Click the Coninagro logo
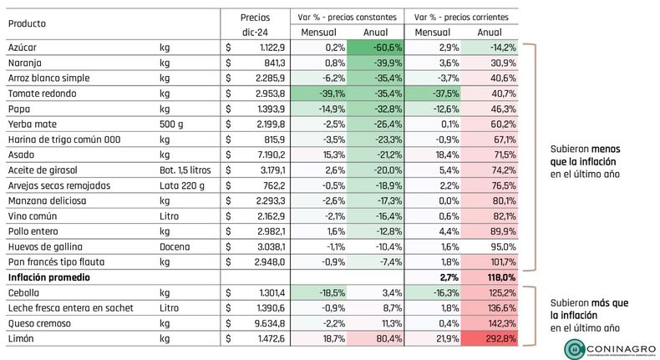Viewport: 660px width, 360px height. point(611,349)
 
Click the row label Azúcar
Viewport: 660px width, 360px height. point(23,48)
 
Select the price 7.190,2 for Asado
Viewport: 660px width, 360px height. point(270,155)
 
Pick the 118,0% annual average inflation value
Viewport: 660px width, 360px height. point(502,277)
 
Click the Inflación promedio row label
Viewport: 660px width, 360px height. point(48,277)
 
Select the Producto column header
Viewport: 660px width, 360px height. point(27,23)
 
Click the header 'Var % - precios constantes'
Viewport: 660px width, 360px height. point(347,18)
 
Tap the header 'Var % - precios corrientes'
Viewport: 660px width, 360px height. point(461,18)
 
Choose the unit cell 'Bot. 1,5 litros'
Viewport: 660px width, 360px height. point(185,170)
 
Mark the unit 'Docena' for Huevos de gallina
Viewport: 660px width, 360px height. point(175,246)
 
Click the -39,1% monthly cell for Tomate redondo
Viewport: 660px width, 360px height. point(333,94)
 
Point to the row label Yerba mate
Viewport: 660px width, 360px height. point(32,124)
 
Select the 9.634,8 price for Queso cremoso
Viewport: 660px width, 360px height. point(270,323)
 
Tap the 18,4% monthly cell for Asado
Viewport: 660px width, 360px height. point(447,155)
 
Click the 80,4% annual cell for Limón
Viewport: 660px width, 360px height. point(389,338)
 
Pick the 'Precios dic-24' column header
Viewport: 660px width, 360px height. point(255,25)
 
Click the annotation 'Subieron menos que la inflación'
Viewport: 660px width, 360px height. point(586,155)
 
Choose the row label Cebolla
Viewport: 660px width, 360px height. point(23,292)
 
